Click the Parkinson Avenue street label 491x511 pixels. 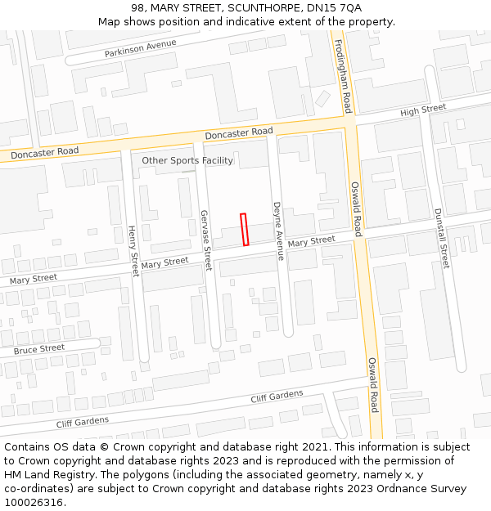pos(140,48)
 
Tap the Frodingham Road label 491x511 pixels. pos(343,78)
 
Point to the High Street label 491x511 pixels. pos(422,110)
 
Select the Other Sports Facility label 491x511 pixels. pos(187,160)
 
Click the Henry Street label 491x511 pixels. pos(133,250)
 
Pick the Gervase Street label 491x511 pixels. pos(205,240)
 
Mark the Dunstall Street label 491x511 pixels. pos(441,238)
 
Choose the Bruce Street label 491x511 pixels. pos(39,349)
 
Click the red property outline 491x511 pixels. pos(244,229)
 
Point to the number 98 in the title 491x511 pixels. pos(137,7)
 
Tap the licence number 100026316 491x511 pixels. pos(34,503)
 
